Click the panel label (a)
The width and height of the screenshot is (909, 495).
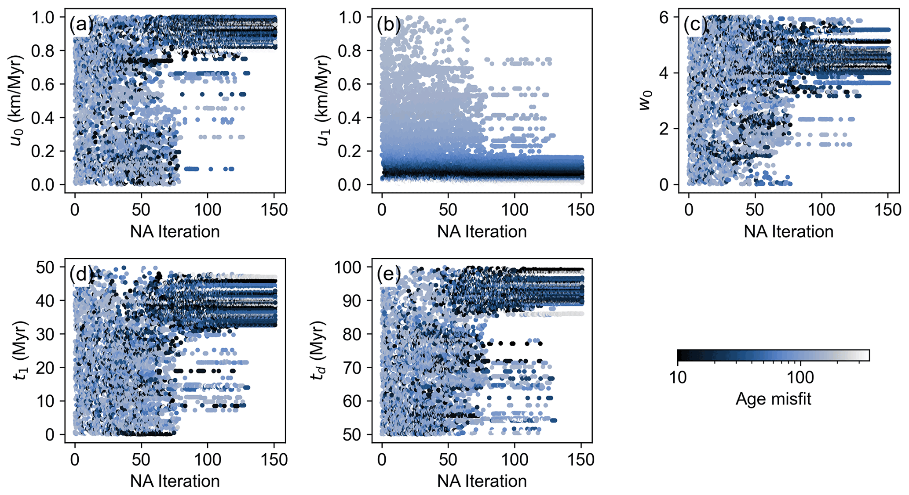coord(80,25)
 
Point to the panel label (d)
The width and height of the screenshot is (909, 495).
coord(80,275)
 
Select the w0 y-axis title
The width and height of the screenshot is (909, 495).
coord(646,101)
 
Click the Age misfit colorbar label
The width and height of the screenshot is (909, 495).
coord(773,399)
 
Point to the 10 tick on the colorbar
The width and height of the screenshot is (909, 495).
coord(678,377)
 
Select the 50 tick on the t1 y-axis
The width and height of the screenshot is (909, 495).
coord(47,267)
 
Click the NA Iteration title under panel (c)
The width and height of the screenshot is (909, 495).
coord(789,231)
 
